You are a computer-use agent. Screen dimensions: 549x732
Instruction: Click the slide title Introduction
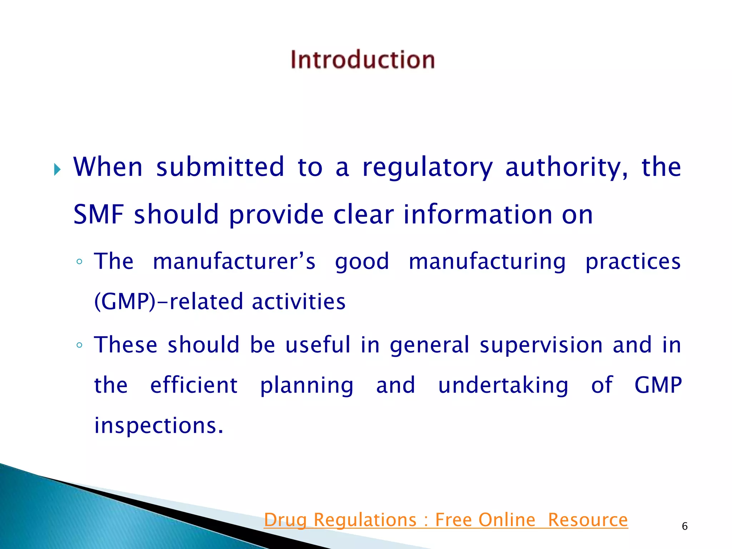tap(362, 59)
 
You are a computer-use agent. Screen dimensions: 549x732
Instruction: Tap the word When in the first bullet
tap(108, 167)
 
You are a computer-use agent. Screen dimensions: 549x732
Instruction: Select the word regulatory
tap(427, 168)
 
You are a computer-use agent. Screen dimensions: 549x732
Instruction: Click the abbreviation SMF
tap(98, 214)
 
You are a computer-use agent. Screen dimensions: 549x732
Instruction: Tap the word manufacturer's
tap(234, 261)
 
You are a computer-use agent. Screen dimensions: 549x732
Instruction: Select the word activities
tap(298, 301)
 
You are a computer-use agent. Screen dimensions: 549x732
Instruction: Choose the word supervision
tap(541, 345)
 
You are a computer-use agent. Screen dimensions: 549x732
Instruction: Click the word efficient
tap(194, 385)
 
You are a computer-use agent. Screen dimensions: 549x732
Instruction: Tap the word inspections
tap(159, 426)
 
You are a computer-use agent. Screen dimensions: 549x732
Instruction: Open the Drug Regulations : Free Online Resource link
tap(446, 520)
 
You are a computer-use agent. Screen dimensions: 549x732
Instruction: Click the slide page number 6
tap(684, 526)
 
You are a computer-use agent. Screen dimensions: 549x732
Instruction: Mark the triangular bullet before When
tap(57, 169)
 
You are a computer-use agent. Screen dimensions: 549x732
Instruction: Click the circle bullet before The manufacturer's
tap(79, 262)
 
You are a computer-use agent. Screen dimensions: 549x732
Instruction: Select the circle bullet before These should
tap(79, 345)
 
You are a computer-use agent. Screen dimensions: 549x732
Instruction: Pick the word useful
tap(318, 345)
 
